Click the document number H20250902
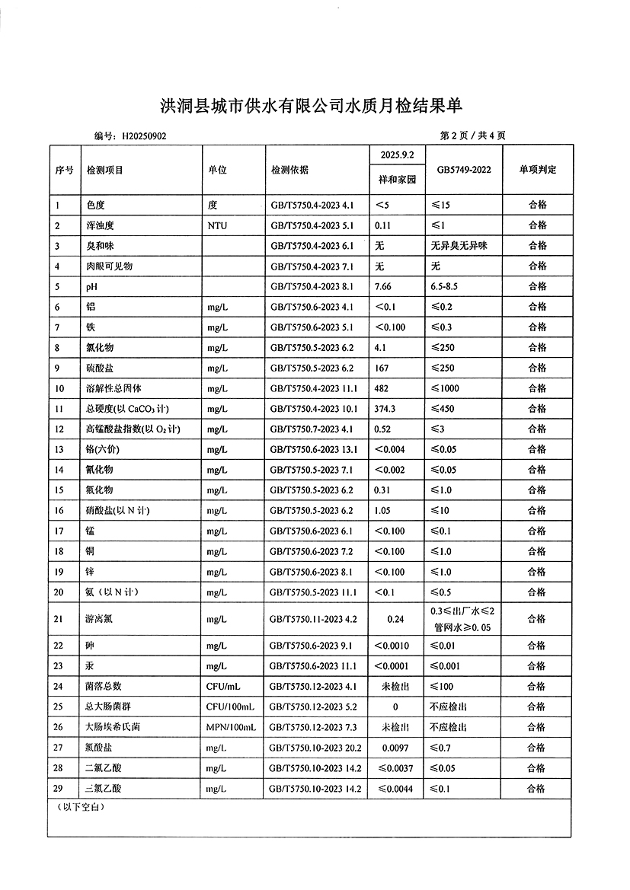click(144, 136)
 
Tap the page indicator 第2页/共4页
click(473, 136)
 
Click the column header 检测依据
click(289, 170)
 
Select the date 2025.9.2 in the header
click(397, 155)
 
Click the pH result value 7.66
click(383, 286)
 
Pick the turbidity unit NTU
click(217, 225)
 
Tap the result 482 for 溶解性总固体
click(381, 388)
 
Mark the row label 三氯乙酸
click(104, 789)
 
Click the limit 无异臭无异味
click(463, 246)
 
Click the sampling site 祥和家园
click(397, 180)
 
